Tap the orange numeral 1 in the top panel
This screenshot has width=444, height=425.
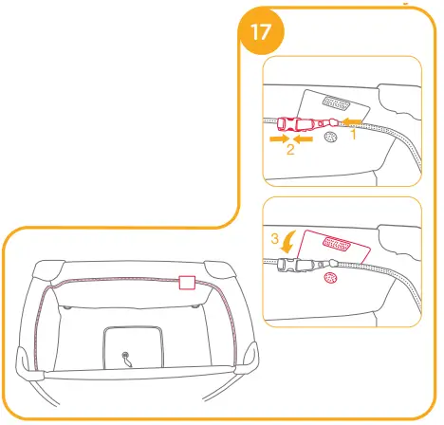click(x=353, y=135)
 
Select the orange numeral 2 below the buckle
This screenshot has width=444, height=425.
click(x=289, y=149)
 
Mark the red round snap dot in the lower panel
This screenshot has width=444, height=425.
click(x=329, y=278)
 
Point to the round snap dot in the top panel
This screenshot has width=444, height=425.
click(x=329, y=138)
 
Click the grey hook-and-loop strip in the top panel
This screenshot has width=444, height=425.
click(x=336, y=101)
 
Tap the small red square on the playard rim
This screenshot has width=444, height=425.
click(x=186, y=282)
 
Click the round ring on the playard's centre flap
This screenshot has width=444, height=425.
click(x=126, y=358)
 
